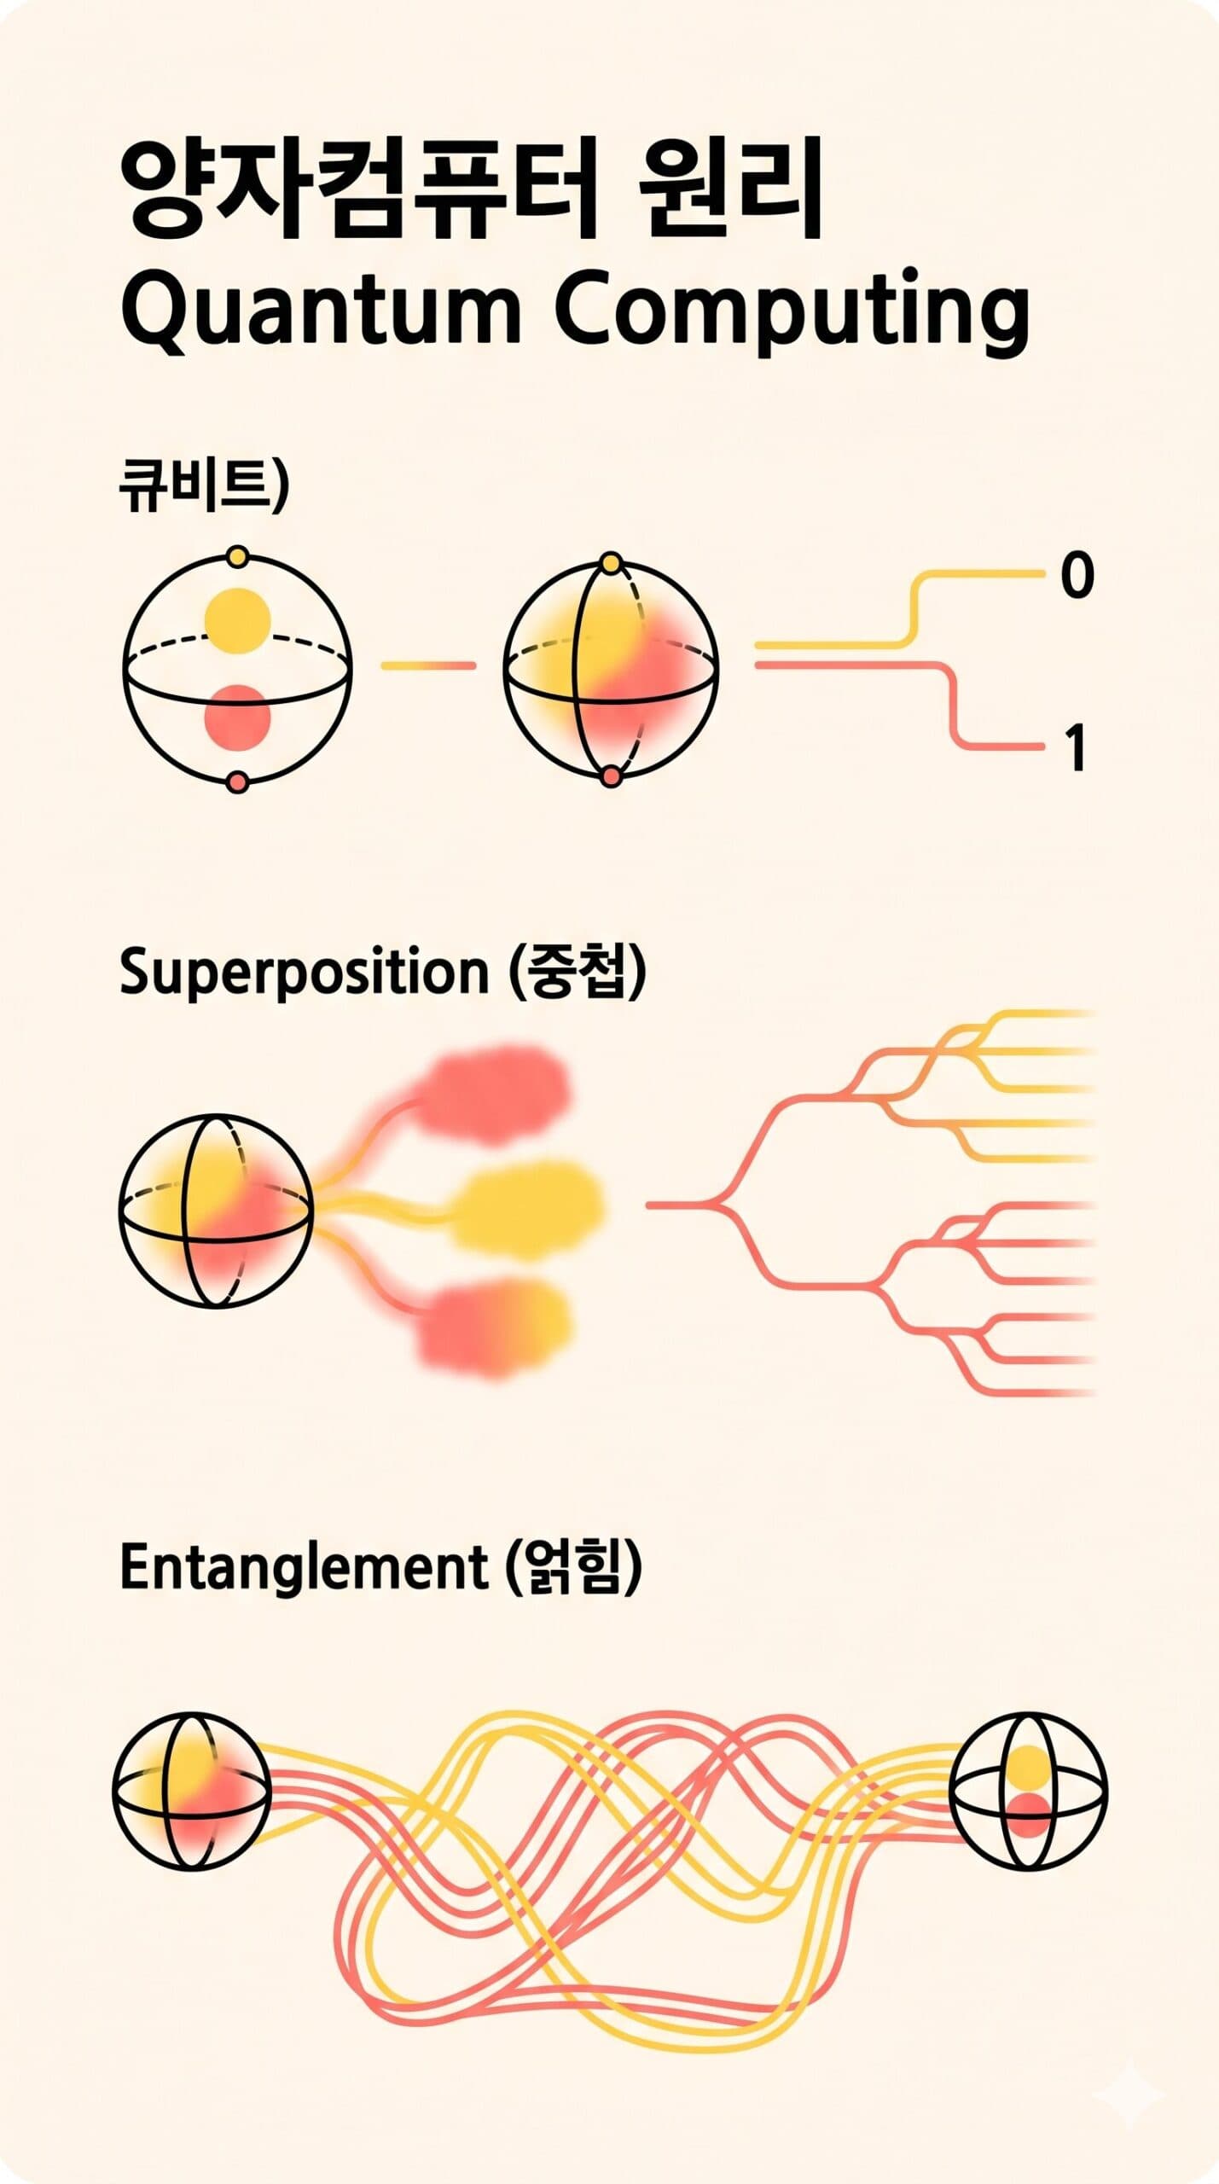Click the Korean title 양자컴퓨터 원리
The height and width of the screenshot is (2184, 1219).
coord(471,190)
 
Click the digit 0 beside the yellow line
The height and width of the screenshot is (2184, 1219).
coord(1077,575)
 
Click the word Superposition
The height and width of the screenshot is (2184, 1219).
coord(304,973)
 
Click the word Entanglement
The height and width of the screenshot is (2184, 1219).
coord(304,1567)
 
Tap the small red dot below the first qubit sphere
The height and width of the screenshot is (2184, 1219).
coord(239,781)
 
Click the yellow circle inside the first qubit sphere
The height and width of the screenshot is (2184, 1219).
coord(238,620)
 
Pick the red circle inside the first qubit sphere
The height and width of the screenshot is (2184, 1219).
coord(238,717)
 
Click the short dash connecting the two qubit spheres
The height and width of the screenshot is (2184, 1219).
coord(428,665)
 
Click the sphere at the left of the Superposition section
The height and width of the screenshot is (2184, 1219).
coord(217,1211)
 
